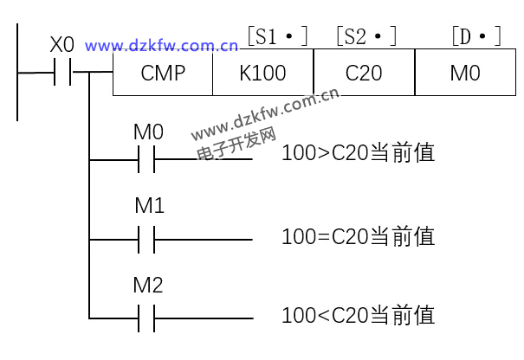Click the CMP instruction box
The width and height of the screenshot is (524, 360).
point(163,74)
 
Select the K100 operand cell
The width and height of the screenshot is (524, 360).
point(262,74)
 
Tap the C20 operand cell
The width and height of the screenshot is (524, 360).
point(364,74)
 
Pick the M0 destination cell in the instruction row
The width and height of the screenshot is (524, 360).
point(465,74)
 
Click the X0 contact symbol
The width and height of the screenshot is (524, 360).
point(62,74)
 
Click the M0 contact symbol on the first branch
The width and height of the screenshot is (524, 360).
point(146,159)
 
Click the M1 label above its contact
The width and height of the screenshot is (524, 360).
point(149,207)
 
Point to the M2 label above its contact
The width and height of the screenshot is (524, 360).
point(149,286)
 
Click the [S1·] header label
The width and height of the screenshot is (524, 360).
point(277,37)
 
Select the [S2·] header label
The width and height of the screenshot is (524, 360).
point(366,37)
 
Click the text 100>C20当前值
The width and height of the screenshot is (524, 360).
point(357,155)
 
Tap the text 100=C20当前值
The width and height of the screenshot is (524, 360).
point(357,235)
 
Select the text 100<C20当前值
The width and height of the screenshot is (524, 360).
point(357,314)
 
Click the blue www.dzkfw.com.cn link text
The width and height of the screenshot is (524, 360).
point(162,45)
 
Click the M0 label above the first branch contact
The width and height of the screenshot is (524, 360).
point(148,132)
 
